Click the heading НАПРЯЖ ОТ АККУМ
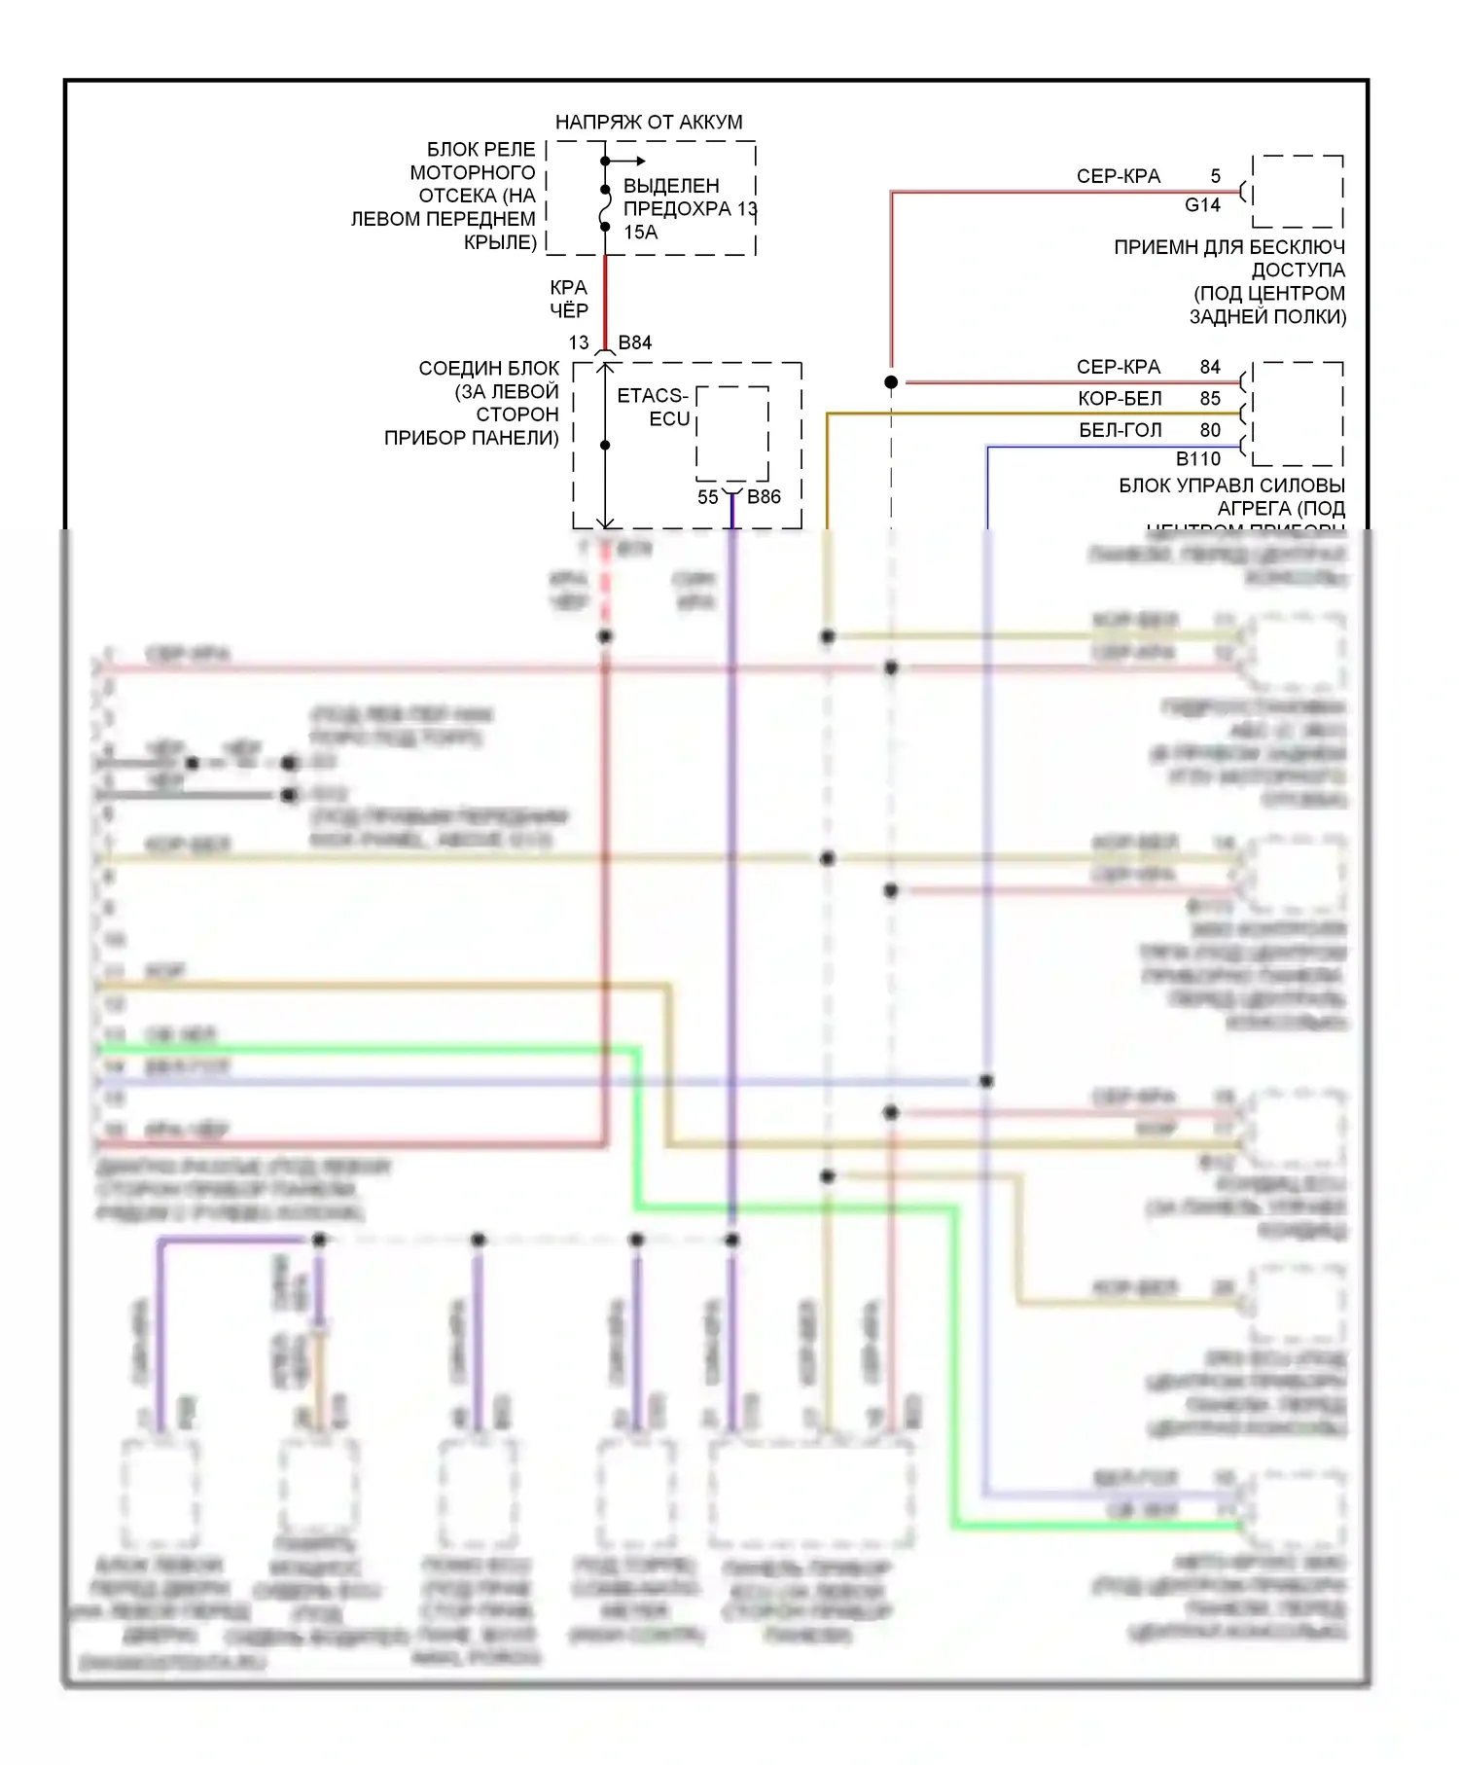(648, 123)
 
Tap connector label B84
(634, 342)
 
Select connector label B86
(764, 497)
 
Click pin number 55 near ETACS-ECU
(707, 497)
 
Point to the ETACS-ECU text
(653, 407)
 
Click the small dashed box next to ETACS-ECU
(731, 433)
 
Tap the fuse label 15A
(640, 233)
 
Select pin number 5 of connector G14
(1215, 176)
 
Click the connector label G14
(1202, 205)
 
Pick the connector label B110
(1197, 459)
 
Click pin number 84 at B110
(1209, 367)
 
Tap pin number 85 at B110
(1209, 398)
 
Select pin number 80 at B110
(1209, 429)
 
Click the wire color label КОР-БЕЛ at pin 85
(1120, 398)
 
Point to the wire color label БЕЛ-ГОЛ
(1120, 429)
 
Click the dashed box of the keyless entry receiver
(1298, 191)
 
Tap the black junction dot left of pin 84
(891, 382)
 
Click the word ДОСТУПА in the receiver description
(1298, 270)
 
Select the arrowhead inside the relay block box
(640, 162)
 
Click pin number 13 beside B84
(579, 342)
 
